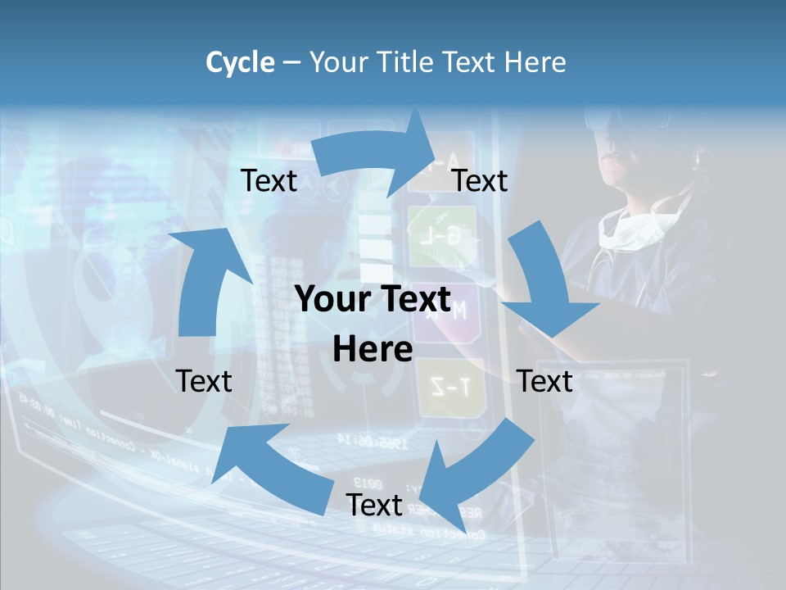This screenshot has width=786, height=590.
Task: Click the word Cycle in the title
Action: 240,62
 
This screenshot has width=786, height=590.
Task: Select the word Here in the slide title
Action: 535,62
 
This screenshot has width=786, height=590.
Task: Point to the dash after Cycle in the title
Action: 291,63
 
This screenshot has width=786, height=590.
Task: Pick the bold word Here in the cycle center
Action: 373,350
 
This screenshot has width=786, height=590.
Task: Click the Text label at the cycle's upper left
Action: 269,180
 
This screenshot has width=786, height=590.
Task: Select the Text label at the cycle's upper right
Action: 480,180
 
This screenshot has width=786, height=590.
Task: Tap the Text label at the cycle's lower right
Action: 544,381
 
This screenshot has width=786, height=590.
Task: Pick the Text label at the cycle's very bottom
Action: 374,505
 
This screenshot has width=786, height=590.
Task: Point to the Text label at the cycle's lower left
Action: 204,381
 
